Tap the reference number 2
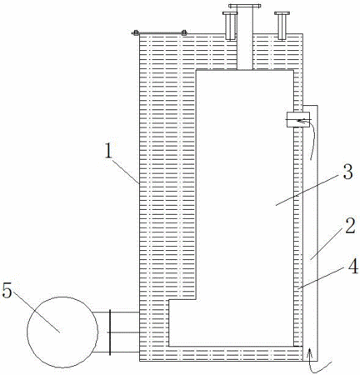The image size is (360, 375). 350,226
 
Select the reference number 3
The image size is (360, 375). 347,172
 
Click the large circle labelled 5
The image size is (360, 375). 62,332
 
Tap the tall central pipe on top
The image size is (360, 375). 245,38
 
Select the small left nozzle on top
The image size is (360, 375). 229,26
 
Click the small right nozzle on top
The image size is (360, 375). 282,26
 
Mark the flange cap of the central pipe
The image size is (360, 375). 245,6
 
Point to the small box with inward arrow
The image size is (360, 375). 298,119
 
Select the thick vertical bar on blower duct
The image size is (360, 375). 110,332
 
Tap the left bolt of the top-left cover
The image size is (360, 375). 136,32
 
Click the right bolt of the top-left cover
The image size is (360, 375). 184,32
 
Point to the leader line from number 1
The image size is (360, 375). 124,170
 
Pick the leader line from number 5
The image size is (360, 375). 37,311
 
